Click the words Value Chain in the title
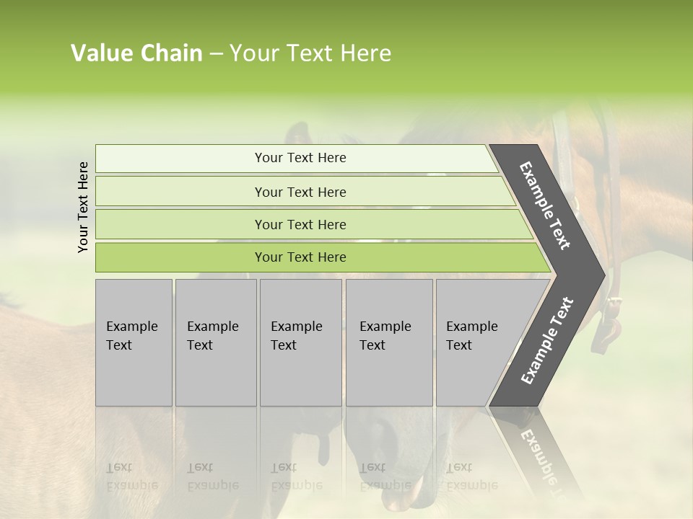pyautogui.click(x=136, y=53)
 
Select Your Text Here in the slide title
pyautogui.click(x=310, y=53)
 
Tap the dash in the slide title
pyautogui.click(x=216, y=54)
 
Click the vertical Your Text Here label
pyautogui.click(x=83, y=207)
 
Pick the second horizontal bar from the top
pyautogui.click(x=300, y=192)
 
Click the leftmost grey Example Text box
pyautogui.click(x=134, y=342)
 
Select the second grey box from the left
pyautogui.click(x=215, y=342)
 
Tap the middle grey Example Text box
pyautogui.click(x=300, y=342)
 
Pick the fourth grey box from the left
pyautogui.click(x=388, y=342)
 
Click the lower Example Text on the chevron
pyautogui.click(x=547, y=340)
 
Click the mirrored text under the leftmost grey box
pyautogui.click(x=131, y=476)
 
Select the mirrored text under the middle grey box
pyautogui.click(x=296, y=476)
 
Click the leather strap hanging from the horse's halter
pyautogui.click(x=612, y=317)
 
